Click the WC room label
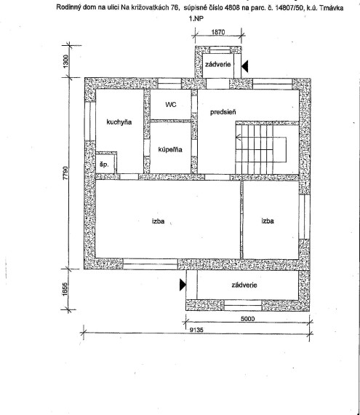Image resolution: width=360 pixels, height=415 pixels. [171, 105]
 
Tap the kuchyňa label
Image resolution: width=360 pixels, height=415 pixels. [119, 122]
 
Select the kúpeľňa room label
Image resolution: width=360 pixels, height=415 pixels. [170, 149]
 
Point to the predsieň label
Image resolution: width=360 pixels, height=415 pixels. [223, 112]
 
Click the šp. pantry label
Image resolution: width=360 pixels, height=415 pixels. [104, 165]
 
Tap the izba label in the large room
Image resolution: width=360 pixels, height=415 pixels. [158, 221]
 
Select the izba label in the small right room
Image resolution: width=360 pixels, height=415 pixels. [268, 221]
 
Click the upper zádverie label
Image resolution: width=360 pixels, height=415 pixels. [218, 64]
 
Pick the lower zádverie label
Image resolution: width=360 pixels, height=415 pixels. [244, 285]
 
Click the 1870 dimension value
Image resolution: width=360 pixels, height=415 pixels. [218, 32]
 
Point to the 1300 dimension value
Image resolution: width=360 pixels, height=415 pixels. [65, 61]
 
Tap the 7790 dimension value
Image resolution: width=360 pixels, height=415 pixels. [65, 173]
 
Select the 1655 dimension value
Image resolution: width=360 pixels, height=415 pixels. [65, 290]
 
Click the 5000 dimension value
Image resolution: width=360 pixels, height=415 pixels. [248, 318]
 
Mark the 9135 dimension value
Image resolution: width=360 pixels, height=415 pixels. [196, 330]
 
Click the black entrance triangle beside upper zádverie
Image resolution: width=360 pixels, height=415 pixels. [245, 66]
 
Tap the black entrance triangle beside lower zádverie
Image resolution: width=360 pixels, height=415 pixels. [183, 285]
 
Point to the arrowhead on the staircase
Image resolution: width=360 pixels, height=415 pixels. [238, 138]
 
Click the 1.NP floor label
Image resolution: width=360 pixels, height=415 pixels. [196, 18]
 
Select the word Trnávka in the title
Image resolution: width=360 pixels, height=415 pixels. [332, 8]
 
